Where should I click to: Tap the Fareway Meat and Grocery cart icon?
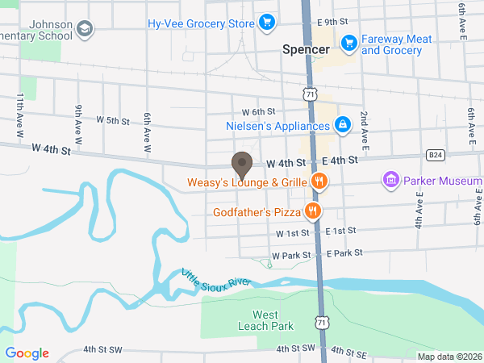click(x=349, y=42)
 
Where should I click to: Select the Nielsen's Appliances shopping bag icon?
click(x=343, y=125)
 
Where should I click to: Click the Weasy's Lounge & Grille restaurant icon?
click(x=319, y=181)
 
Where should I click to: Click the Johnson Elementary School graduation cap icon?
click(x=85, y=30)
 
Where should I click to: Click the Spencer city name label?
click(x=306, y=49)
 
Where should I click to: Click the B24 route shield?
click(x=435, y=154)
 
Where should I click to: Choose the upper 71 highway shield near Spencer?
click(x=311, y=94)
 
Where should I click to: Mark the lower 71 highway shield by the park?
click(x=322, y=323)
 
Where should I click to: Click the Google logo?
click(x=27, y=353)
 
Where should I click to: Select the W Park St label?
click(x=291, y=255)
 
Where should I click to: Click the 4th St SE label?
click(x=348, y=353)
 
